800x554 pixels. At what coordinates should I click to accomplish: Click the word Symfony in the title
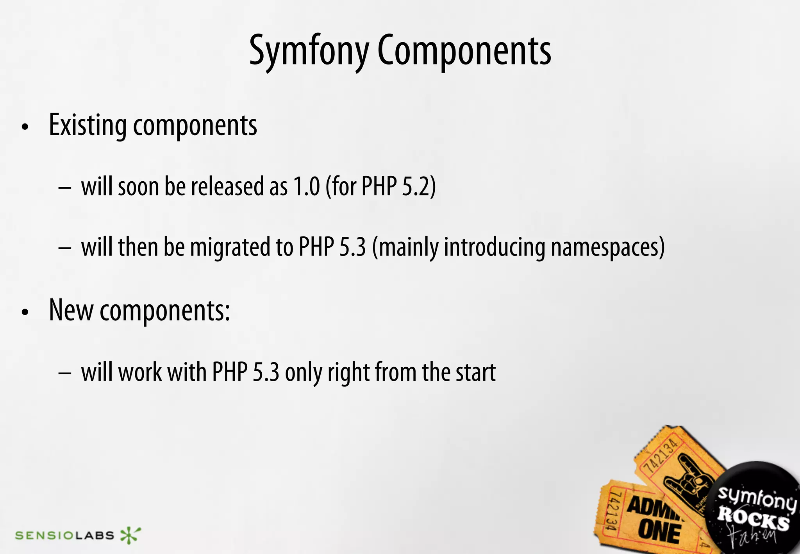(x=309, y=51)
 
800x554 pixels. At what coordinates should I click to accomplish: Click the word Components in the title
(x=464, y=51)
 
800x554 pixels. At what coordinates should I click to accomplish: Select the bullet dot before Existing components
(x=25, y=127)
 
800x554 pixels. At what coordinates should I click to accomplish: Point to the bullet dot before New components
(x=25, y=312)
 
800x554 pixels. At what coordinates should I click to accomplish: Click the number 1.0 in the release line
(x=306, y=186)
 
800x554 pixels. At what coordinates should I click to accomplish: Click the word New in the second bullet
(x=71, y=310)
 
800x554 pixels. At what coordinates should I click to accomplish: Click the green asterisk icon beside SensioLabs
(x=130, y=535)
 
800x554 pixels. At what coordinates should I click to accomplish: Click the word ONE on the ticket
(x=659, y=532)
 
